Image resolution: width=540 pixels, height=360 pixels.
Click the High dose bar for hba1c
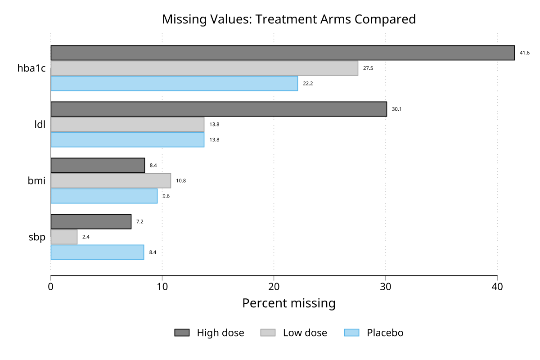coord(283,53)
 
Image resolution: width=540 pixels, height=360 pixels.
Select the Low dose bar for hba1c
coord(204,68)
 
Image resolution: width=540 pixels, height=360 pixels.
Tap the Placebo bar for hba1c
coord(174,83)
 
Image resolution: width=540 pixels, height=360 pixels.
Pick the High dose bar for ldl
coord(219,109)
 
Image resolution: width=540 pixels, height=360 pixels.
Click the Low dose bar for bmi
coord(111,180)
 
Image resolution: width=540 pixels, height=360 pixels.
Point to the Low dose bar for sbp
coord(64,237)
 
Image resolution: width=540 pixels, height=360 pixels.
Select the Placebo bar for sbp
coord(97,252)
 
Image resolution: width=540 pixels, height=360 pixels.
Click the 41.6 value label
coord(525,53)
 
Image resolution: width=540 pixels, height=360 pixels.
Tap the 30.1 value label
coord(396,109)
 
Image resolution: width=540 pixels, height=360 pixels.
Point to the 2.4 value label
coord(85,237)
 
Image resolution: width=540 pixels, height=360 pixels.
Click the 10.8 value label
coord(181,181)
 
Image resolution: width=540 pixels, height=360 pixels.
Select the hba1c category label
coord(31,68)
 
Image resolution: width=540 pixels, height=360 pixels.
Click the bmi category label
coord(37,181)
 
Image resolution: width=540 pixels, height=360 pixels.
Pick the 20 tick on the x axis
coord(274,286)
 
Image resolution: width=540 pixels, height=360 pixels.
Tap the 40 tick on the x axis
coord(497,286)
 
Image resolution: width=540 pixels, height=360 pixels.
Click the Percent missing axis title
coord(289,303)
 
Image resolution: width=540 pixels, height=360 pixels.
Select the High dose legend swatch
coord(182,333)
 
